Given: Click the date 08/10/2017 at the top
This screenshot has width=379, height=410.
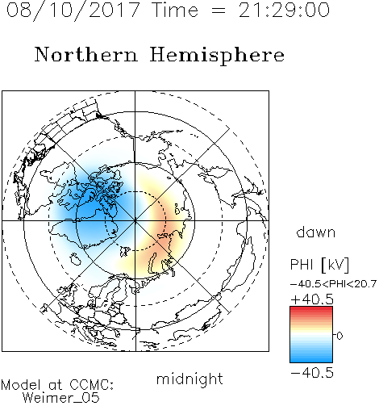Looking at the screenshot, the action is pos(73,10).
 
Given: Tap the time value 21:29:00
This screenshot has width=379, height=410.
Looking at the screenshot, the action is pos(284,10).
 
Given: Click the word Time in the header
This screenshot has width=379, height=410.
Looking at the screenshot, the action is pos(175,10).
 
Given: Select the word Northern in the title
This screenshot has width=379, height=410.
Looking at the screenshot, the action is pos(86,55).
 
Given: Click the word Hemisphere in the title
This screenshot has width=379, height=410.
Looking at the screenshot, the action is pos(217,56).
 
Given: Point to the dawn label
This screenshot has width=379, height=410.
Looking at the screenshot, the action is pos(316,232).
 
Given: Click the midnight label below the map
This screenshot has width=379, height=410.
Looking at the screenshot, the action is pos(189,379).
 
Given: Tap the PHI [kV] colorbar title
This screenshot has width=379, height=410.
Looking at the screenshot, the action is pos(319,265).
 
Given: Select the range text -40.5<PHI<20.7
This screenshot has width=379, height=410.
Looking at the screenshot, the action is pos(333,284).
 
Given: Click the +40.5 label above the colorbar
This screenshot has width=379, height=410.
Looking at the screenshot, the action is pos(312,299).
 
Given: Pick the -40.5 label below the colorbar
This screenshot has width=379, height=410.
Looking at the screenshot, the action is pos(312,373).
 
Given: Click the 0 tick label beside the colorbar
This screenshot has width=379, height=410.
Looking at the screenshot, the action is pos(339,336).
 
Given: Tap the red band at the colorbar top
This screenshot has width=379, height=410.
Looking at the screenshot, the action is pos(311,309).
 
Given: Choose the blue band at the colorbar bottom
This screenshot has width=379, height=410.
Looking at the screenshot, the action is pos(311,359).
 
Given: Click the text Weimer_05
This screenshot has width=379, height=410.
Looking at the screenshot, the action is pos(61,398).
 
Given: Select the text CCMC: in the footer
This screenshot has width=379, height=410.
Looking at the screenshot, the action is pos(92,385).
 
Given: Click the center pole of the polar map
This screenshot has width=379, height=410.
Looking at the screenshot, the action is pos(135,220).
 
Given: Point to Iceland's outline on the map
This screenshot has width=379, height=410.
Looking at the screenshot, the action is pos(76,259).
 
